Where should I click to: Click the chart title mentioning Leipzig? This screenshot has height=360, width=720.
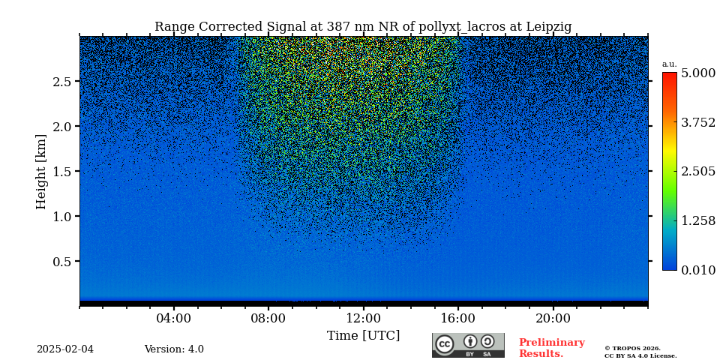363,27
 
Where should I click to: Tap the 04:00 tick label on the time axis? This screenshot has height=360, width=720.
173,319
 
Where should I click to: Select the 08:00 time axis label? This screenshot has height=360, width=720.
268,319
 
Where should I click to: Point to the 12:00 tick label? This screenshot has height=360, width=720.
363,319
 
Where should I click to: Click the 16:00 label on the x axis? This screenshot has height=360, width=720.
457,319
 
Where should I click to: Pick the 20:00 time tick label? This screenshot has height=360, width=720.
553,319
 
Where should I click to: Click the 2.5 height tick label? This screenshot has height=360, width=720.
61,82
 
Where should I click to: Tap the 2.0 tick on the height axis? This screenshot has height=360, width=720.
61,127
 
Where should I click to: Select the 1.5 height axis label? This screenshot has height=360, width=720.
61,172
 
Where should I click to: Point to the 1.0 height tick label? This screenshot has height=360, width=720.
61,217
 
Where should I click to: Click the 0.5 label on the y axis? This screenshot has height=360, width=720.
61,262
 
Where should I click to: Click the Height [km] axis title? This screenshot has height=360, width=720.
41,171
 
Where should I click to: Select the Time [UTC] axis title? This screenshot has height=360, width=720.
363,336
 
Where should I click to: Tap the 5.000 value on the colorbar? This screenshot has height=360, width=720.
697,73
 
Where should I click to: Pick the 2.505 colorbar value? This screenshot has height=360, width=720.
697,172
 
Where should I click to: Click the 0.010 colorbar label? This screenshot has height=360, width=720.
697,270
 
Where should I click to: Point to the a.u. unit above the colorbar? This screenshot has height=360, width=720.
669,64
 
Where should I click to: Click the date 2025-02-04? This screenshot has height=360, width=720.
65,349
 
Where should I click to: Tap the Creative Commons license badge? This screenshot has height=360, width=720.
468,345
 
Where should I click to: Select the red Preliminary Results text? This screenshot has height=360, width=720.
551,348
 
